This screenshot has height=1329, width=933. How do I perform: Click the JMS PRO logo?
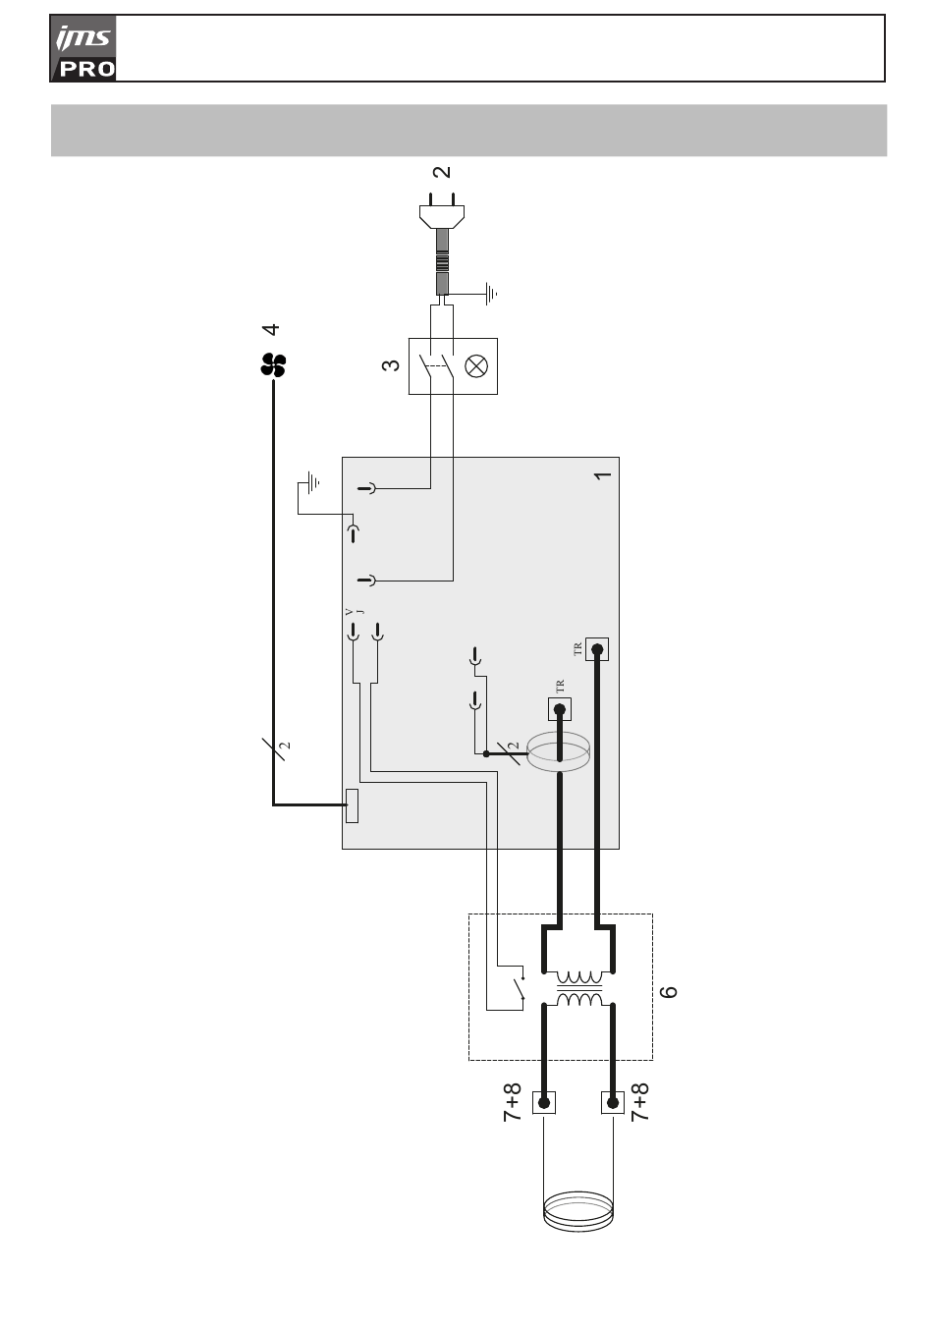click(83, 48)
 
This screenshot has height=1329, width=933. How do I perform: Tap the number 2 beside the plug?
click(442, 172)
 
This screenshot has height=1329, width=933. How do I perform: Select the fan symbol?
click(273, 365)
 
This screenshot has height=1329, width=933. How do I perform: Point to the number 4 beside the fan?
click(271, 329)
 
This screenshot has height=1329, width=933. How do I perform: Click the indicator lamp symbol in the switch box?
click(476, 366)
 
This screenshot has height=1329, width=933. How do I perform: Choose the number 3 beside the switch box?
click(391, 364)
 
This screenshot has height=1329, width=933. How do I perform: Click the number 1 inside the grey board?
click(602, 475)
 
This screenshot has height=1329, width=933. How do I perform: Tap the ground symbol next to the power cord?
click(491, 294)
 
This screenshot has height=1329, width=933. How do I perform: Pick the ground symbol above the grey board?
click(312, 482)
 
